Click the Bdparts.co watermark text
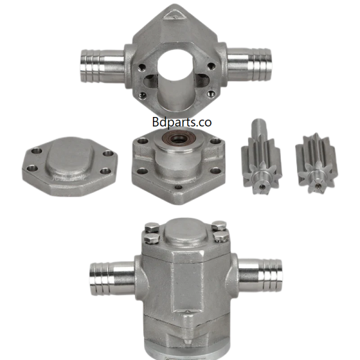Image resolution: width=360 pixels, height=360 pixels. tap(181, 122)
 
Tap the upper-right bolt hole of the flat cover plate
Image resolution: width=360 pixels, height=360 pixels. tap(107, 154)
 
